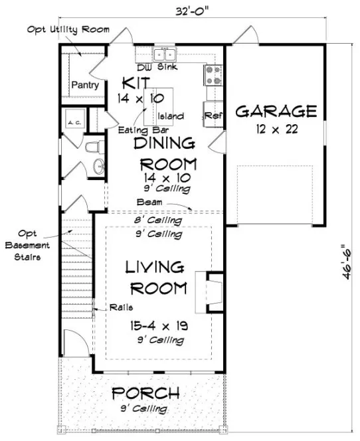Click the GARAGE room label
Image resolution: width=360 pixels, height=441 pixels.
click(x=276, y=110)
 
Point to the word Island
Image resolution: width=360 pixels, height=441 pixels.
click(x=171, y=116)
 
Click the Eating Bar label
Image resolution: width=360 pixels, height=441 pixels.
click(x=137, y=130)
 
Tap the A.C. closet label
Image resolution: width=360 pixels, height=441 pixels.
click(x=73, y=123)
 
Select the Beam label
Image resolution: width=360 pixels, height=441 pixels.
click(x=148, y=201)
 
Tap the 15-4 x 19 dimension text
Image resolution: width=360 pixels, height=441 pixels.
click(x=157, y=327)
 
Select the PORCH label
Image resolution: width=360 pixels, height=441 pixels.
click(x=146, y=393)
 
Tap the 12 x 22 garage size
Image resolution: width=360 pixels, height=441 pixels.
click(x=276, y=128)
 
